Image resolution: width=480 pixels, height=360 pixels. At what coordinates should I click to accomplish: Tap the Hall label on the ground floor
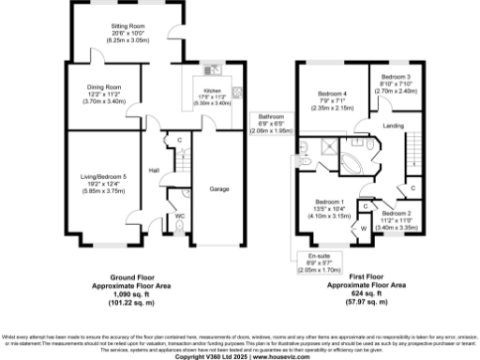point(153,169)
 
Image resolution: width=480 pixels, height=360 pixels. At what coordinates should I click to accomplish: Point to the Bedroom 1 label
point(329,202)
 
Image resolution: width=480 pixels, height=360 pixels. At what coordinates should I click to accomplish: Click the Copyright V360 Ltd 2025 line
point(239,354)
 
